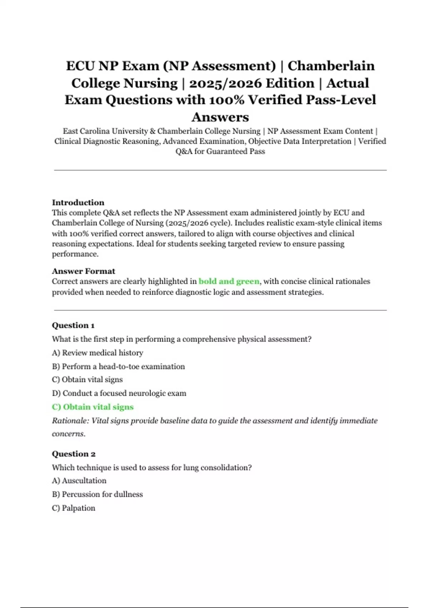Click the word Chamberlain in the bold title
331,66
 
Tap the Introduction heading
78,202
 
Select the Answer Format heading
83,271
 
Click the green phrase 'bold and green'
229,281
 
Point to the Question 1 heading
73,325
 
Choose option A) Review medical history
97,353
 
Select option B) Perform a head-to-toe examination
118,367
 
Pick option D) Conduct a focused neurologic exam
119,393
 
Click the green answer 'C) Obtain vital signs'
93,407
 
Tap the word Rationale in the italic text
70,421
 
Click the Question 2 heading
73,454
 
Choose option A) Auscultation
79,481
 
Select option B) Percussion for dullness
97,494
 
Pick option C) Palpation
73,508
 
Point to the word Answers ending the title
220,117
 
